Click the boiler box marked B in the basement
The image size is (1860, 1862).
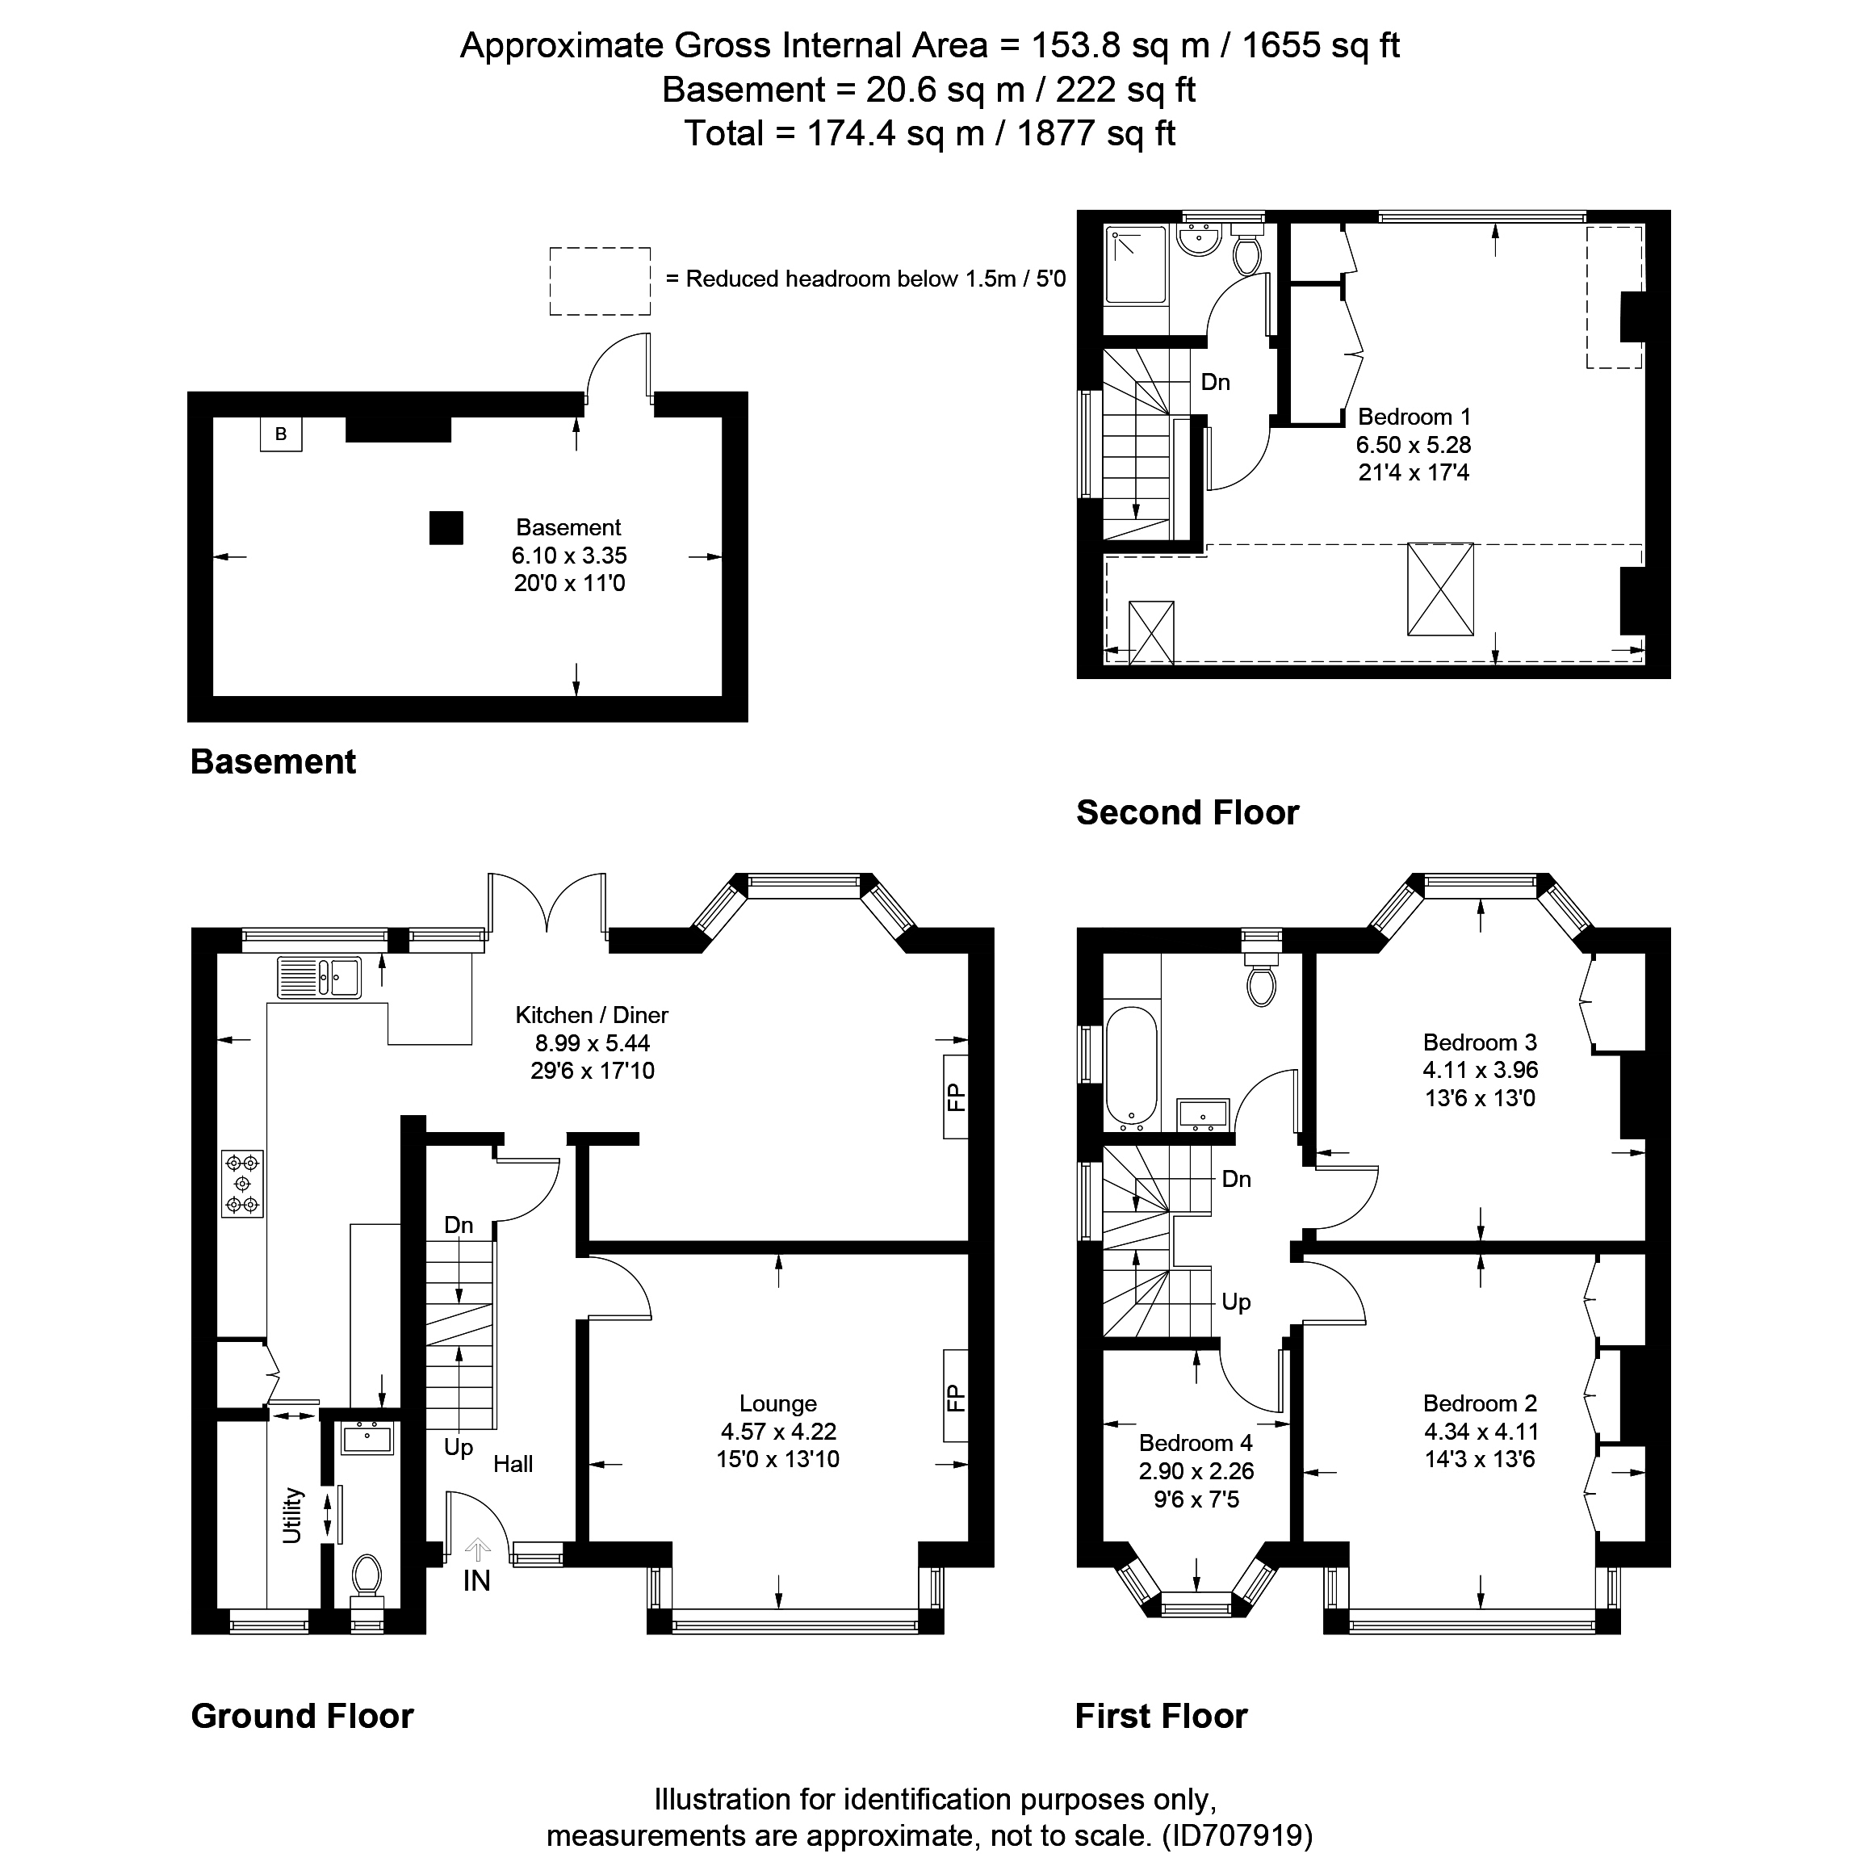pyautogui.click(x=280, y=434)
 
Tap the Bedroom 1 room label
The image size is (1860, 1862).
pyautogui.click(x=1413, y=417)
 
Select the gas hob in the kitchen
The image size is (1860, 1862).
pyautogui.click(x=242, y=1184)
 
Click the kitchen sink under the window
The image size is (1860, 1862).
pyautogui.click(x=319, y=977)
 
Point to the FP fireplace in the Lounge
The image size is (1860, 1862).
pyautogui.click(x=955, y=1397)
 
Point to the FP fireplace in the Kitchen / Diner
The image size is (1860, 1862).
pyautogui.click(x=955, y=1097)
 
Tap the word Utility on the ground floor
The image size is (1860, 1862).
pyautogui.click(x=292, y=1515)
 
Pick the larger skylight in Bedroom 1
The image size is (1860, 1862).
pyautogui.click(x=1440, y=589)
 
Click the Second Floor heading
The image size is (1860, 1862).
pyautogui.click(x=1188, y=812)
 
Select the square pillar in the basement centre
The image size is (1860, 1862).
pyautogui.click(x=446, y=528)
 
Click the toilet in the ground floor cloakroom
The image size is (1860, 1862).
pyautogui.click(x=367, y=1576)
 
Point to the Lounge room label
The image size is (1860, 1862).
pyautogui.click(x=777, y=1403)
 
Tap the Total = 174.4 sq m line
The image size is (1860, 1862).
pyautogui.click(x=929, y=133)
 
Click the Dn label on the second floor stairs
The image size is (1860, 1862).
pyautogui.click(x=1215, y=383)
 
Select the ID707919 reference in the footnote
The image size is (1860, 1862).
pyautogui.click(x=1237, y=1834)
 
